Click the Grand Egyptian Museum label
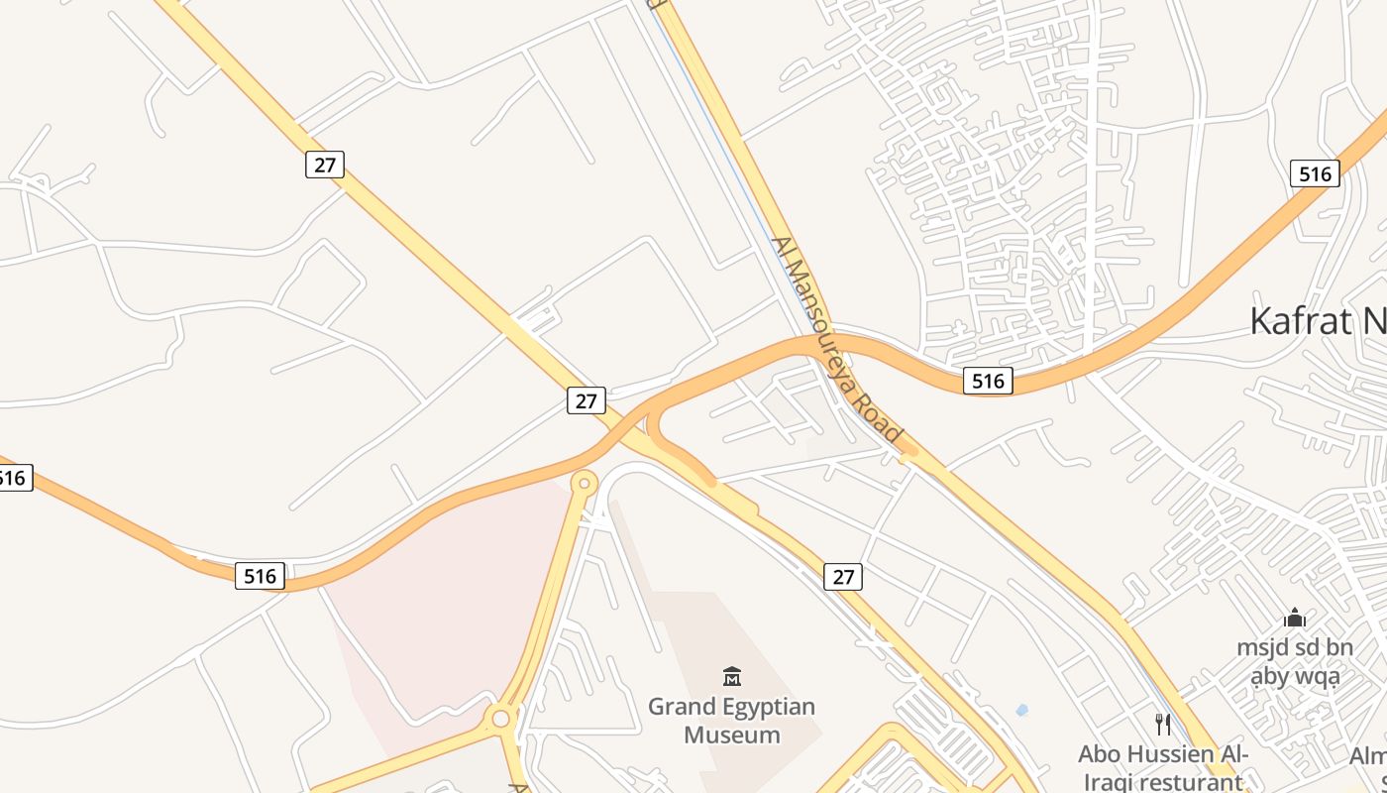tap(731, 721)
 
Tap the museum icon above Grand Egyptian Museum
tap(732, 677)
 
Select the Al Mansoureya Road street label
tap(837, 341)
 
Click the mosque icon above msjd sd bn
tap(1294, 619)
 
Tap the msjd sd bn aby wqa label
tap(1294, 662)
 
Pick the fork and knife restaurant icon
tap(1162, 725)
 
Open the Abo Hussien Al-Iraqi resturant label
tap(1164, 766)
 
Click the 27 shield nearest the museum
tap(843, 576)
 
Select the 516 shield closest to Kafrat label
tap(1315, 173)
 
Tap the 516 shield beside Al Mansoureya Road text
tap(988, 380)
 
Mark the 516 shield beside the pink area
tap(260, 576)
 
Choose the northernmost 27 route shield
tap(325, 164)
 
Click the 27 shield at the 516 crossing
tap(587, 399)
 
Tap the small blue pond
tap(1021, 710)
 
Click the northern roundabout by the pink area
tap(585, 484)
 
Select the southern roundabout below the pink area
tap(501, 718)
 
